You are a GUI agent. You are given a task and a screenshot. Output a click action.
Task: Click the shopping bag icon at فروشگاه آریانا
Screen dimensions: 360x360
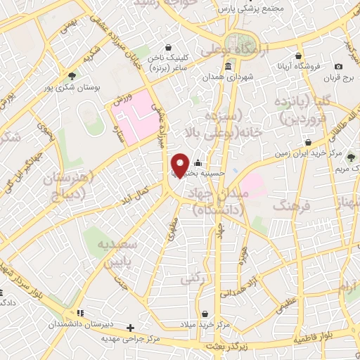click(x=300, y=56)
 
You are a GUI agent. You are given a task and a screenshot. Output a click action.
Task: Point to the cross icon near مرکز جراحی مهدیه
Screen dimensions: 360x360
click(x=130, y=327)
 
